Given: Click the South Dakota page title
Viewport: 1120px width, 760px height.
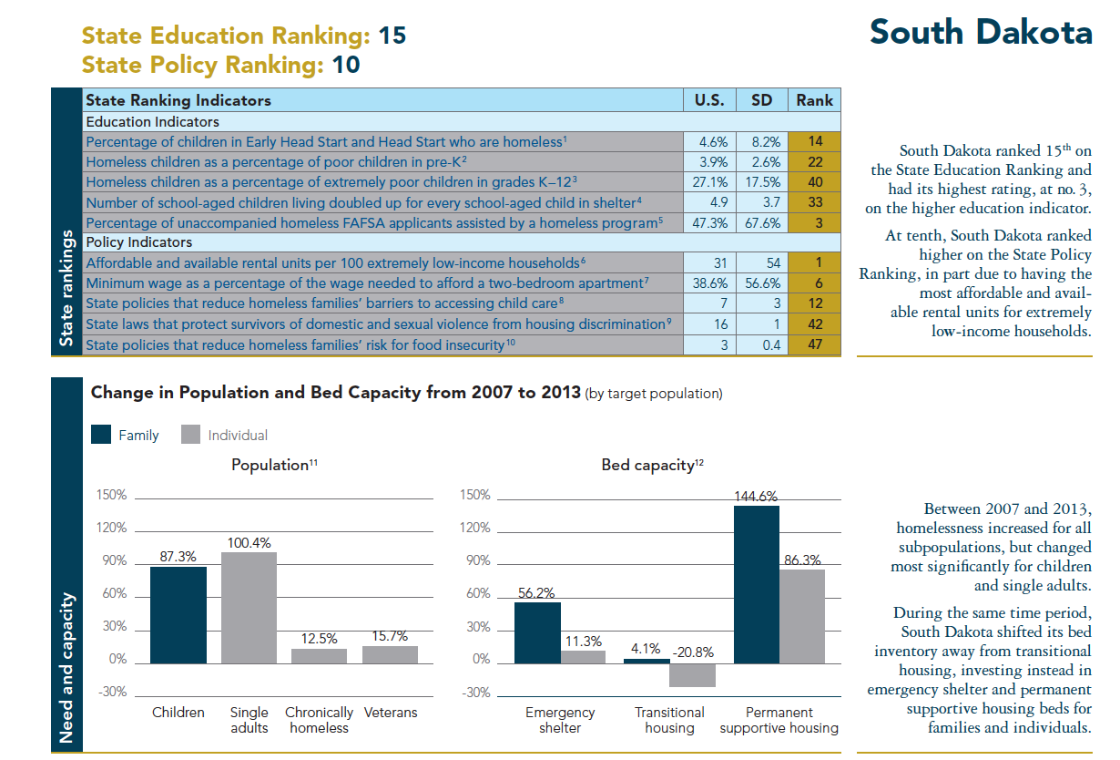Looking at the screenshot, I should (980, 32).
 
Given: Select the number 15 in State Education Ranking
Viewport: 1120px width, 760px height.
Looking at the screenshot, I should (392, 36).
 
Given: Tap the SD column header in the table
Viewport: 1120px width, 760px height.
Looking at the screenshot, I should (761, 100).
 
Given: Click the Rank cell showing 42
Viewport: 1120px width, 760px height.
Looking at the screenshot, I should (814, 324).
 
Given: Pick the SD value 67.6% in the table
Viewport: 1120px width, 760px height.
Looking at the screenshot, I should (761, 223).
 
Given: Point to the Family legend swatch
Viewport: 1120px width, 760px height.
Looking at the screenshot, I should (101, 435).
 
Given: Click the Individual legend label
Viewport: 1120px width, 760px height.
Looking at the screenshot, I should (238, 436).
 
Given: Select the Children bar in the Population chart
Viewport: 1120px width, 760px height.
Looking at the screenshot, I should (178, 615).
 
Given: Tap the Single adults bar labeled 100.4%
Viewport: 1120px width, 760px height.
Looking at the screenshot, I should (249, 607).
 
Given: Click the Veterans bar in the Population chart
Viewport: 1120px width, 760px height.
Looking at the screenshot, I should (390, 654).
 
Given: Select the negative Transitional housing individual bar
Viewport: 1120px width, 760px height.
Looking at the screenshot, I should (692, 674).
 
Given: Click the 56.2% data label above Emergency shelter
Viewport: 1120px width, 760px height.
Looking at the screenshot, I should (536, 592).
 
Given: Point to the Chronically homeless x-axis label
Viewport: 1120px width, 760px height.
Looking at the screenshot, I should (319, 720).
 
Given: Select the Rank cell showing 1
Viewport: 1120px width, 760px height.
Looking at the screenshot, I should (814, 263).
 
